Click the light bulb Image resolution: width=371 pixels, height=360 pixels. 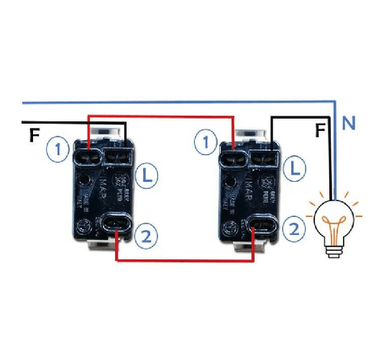tap(332, 221)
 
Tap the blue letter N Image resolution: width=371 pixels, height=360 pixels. tap(349, 124)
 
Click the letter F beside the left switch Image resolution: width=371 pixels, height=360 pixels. tap(34, 134)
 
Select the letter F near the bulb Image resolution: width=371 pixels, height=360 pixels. tap(321, 131)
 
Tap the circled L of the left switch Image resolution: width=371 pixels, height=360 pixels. tap(147, 174)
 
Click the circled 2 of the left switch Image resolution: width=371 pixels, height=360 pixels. tap(146, 235)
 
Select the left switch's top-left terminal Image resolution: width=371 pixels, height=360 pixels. tap(91, 152)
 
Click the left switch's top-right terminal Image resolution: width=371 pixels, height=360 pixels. tap(119, 152)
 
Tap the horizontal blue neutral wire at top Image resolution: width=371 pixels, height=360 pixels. tap(180, 100)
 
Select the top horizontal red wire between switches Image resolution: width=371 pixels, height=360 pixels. tap(161, 115)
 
